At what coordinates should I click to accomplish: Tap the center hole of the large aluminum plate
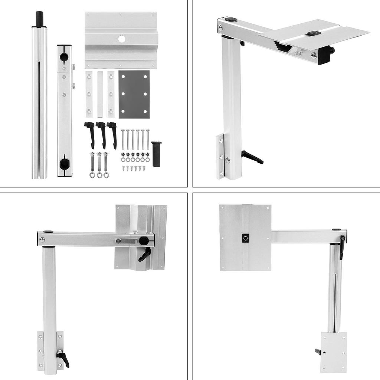coord(121,39)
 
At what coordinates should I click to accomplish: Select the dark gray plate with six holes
coord(134,94)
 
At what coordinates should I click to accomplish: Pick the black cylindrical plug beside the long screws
coord(156,154)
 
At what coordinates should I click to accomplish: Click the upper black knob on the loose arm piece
coord(64,57)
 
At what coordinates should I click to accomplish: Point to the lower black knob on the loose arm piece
coord(65,164)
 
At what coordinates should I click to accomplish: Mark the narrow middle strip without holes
coord(100,94)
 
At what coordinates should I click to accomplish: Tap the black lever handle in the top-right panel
coord(252,157)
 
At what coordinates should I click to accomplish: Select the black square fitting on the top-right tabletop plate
coord(314,33)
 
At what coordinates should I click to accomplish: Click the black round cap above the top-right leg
coord(231,19)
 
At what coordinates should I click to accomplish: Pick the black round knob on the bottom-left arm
coord(144,241)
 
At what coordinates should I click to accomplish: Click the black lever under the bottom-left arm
coord(145,255)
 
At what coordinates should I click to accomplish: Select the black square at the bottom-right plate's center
coord(245,238)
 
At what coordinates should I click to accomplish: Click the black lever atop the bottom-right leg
coord(342,246)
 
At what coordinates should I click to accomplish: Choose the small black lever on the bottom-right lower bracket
coord(318,351)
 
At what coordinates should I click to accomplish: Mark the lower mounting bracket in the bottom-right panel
coord(334,352)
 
